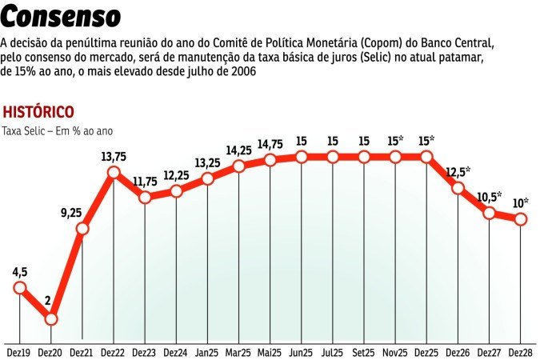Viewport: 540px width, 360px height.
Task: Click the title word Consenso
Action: tap(62, 16)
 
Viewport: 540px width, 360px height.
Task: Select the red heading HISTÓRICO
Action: tap(39, 111)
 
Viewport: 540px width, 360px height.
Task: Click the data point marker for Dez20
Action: tap(51, 319)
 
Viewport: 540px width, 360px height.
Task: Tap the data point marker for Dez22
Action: tap(114, 173)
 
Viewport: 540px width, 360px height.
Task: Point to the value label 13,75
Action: tap(113, 156)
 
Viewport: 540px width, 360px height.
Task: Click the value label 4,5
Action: tap(19, 271)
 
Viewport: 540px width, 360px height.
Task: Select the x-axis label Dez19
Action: tap(19, 351)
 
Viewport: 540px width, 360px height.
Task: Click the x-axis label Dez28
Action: tap(521, 351)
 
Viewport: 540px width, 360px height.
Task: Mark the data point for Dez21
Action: tap(82, 230)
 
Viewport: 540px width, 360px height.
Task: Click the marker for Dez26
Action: tap(458, 189)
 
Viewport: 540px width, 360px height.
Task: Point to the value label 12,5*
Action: tap(458, 172)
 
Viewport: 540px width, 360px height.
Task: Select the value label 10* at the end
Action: tap(520, 202)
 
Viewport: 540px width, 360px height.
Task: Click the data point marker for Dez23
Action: tap(145, 197)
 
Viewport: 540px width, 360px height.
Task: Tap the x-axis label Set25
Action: tap(364, 351)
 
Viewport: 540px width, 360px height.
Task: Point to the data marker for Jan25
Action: tap(208, 178)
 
